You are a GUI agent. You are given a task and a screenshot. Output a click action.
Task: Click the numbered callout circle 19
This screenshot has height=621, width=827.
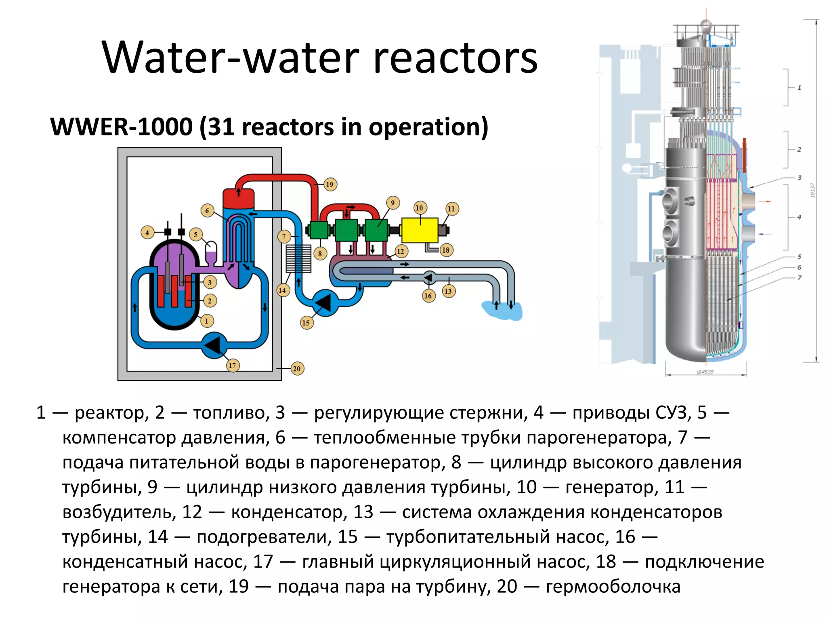point(330,184)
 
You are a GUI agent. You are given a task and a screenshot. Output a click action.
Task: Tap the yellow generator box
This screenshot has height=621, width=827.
point(420,230)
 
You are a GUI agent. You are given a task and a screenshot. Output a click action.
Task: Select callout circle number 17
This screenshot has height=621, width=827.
point(232,365)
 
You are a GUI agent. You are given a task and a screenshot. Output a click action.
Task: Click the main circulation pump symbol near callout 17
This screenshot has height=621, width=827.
point(214,345)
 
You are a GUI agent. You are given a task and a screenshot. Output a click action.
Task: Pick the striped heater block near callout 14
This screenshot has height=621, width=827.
point(298,259)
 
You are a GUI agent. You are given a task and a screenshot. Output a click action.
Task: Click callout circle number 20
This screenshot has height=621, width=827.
point(297,368)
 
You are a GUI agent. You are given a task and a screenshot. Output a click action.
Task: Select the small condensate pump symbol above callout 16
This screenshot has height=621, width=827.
point(429,278)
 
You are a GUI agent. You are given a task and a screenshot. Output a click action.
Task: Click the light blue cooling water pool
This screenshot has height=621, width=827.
point(503,310)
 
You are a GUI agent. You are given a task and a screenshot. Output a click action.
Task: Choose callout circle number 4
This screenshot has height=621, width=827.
point(147,232)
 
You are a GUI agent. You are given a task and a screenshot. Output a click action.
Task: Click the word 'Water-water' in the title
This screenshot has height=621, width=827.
point(230,57)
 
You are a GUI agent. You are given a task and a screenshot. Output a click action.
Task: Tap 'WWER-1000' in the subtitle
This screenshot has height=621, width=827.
point(121,127)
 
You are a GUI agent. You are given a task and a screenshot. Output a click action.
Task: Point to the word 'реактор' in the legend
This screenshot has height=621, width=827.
point(109,413)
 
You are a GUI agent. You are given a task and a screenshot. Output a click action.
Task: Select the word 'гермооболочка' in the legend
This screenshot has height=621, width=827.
point(613,587)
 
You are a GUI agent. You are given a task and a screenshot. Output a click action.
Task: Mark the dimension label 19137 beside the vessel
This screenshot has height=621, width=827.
point(812,190)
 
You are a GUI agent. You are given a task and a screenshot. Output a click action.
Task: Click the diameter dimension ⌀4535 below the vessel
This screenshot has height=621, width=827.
point(705,372)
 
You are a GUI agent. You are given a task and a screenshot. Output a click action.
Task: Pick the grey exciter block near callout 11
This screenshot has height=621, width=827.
point(443,230)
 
